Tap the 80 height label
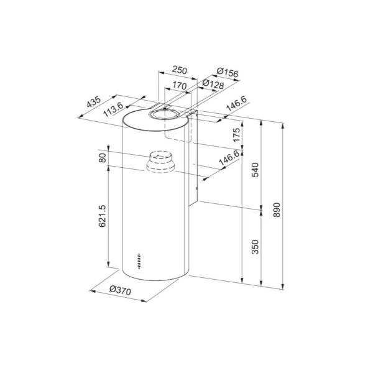coord(103,159)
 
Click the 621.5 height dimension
coord(103,216)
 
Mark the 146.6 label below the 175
coord(228,160)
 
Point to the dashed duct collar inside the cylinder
coord(160,163)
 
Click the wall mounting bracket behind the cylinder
coord(193,162)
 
